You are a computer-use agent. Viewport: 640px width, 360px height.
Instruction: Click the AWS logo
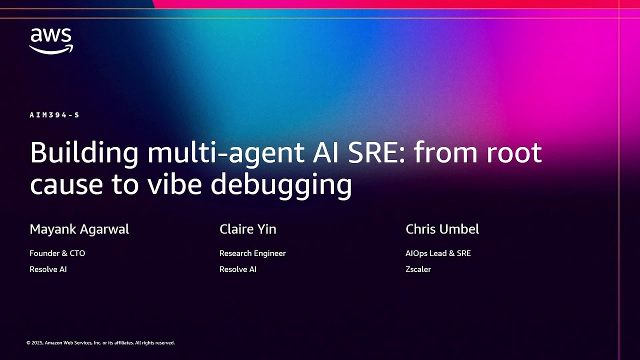click(x=51, y=41)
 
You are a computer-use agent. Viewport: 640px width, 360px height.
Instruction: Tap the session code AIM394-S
click(x=54, y=115)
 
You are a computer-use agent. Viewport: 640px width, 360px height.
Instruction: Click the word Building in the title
click(x=84, y=153)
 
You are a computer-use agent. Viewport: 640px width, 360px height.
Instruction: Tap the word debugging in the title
click(x=281, y=185)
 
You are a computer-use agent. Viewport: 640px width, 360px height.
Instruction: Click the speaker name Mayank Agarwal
click(x=79, y=229)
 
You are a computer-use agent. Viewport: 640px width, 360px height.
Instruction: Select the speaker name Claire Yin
click(x=248, y=229)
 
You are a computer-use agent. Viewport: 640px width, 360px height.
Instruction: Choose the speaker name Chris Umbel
click(x=442, y=229)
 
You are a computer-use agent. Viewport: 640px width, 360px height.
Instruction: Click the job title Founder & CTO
click(x=57, y=253)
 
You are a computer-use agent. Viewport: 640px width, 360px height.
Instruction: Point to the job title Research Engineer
click(x=252, y=253)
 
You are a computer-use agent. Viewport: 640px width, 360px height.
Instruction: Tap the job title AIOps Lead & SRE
click(x=438, y=253)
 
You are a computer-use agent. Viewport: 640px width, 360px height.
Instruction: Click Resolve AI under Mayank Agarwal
click(x=48, y=269)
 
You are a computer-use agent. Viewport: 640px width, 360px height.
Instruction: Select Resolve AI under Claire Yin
click(x=238, y=269)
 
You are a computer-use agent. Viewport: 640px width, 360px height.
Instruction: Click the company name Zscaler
click(x=418, y=269)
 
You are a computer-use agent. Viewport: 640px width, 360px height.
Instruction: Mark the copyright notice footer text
click(x=100, y=343)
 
